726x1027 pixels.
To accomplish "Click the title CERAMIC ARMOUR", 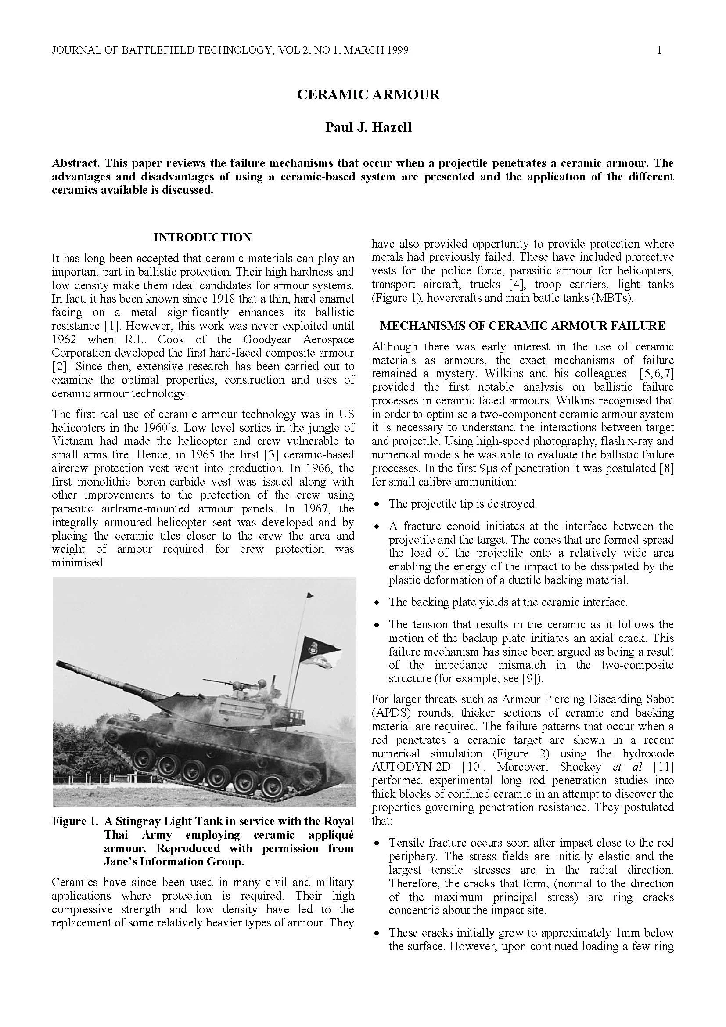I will (368, 95).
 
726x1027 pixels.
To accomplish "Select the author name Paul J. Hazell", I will (368, 127).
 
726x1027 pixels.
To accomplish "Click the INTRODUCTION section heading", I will (202, 238).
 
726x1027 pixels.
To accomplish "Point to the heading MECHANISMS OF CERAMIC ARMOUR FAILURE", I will (522, 326).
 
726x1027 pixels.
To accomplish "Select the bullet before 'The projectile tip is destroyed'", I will (378, 504).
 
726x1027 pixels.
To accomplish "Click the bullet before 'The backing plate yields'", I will (378, 603).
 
